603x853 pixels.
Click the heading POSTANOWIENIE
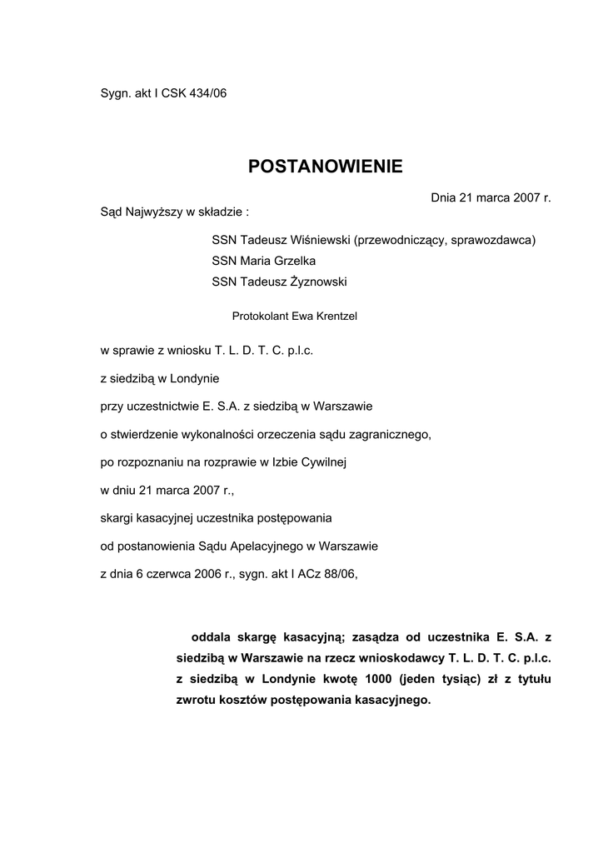325,167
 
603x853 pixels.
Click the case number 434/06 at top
207,93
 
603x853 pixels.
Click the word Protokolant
259,316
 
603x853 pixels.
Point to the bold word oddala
212,637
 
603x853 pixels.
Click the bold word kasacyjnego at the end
391,700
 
